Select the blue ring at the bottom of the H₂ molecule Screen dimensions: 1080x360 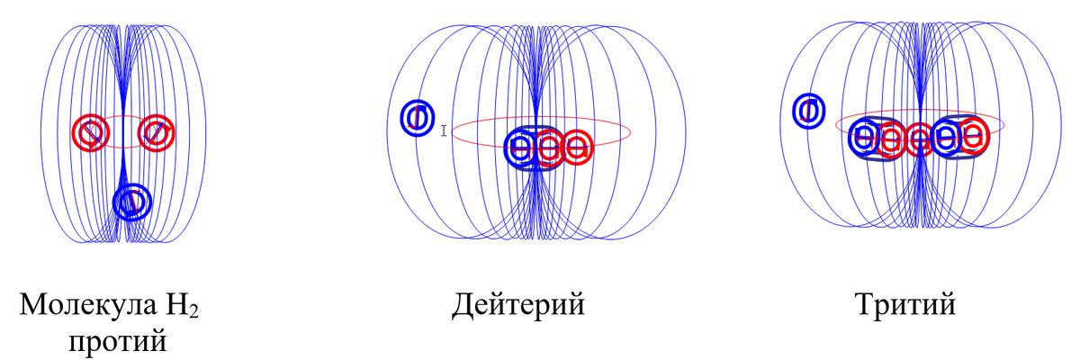[131, 202]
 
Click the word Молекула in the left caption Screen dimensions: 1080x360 [82, 306]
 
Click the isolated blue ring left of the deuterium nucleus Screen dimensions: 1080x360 [417, 117]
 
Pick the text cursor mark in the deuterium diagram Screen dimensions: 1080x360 [444, 131]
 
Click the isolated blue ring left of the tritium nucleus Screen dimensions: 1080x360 [809, 110]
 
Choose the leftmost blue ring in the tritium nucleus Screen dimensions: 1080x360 [863, 138]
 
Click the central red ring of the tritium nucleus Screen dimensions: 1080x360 [920, 139]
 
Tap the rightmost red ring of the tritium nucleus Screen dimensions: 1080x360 [973, 136]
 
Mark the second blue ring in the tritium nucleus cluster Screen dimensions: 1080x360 [947, 138]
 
